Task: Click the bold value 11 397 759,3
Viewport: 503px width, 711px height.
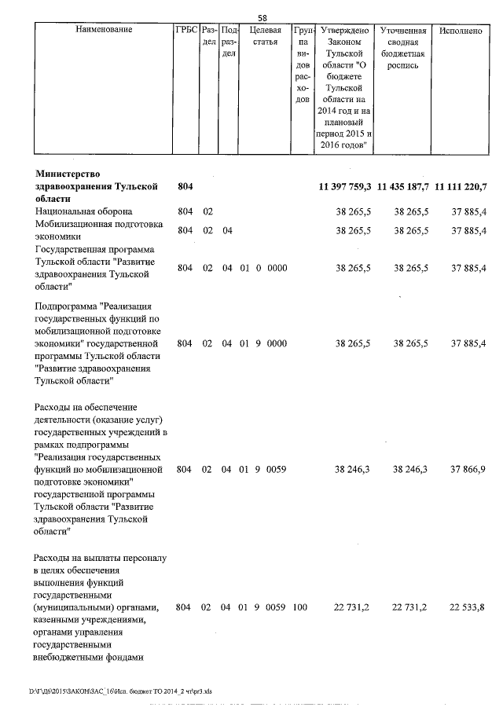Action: (345, 186)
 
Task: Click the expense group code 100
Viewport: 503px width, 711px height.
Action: (299, 607)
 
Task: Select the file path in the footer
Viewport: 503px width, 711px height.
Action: (122, 691)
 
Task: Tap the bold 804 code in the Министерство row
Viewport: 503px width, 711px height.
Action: (185, 186)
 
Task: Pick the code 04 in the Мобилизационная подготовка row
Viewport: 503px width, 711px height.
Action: (227, 230)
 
